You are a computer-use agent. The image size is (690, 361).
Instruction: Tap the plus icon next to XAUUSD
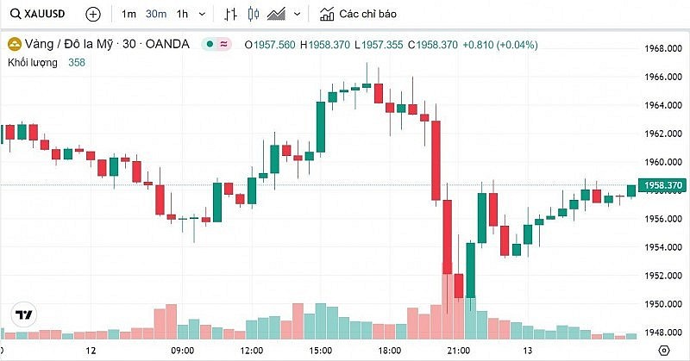tap(93, 15)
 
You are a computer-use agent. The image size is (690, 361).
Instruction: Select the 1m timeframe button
tap(129, 15)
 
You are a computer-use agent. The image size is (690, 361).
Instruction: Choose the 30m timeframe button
tap(156, 15)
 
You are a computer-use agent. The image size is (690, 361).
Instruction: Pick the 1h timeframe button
tap(182, 15)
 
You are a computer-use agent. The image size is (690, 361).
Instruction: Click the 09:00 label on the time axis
tap(183, 351)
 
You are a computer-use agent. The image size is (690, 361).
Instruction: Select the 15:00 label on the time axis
tap(320, 351)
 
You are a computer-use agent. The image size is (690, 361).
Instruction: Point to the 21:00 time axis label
tap(458, 351)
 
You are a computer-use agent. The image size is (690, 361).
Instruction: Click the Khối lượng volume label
tap(32, 64)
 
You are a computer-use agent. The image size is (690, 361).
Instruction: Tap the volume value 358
tap(78, 64)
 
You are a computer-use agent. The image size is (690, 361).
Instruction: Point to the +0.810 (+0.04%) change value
tap(500, 45)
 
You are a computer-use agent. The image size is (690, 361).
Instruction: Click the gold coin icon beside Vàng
tap(15, 45)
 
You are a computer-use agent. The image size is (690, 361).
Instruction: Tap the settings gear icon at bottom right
tap(663, 350)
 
